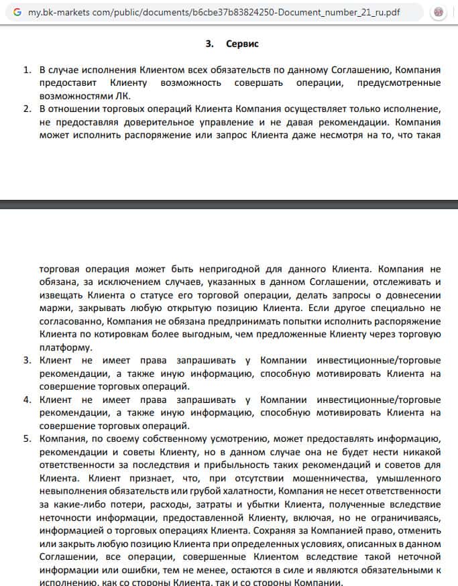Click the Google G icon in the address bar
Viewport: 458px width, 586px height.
(x=17, y=13)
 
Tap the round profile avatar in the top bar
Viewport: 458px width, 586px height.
(x=439, y=13)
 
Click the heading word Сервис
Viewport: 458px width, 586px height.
(x=242, y=44)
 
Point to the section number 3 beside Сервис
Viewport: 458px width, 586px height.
(x=209, y=44)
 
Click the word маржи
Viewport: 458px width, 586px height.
(x=52, y=309)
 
